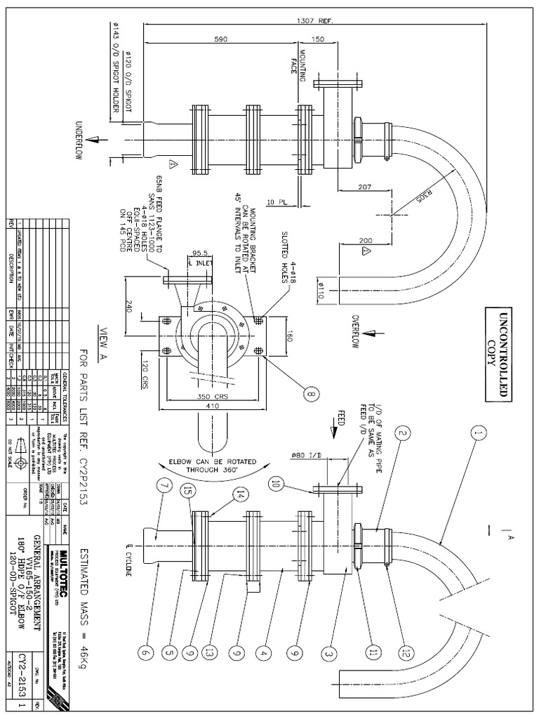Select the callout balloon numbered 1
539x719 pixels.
[479, 434]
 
